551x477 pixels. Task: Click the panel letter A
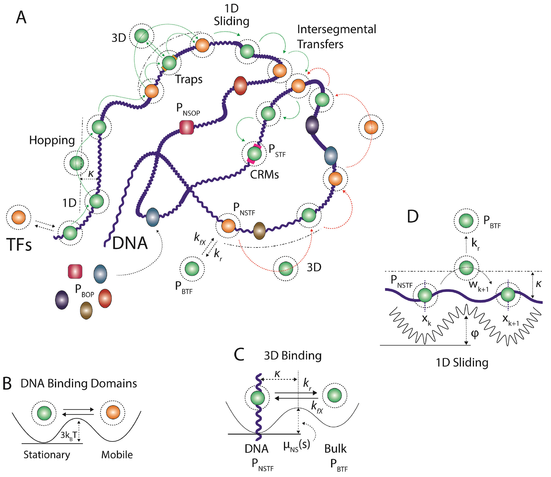point(21,17)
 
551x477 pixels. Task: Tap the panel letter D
point(412,216)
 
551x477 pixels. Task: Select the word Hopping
point(52,140)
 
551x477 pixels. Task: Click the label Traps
point(189,79)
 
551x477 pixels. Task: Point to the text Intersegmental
point(336,30)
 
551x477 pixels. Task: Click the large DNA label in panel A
point(130,243)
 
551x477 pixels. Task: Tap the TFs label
point(19,245)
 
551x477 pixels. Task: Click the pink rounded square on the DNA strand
point(186,127)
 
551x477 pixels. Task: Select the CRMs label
point(264,175)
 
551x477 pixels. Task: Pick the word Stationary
point(47,454)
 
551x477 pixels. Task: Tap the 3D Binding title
point(293,356)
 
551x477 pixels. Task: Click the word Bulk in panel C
point(335,449)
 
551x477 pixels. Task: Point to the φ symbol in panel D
point(474,334)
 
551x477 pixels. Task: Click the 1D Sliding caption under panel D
point(462,362)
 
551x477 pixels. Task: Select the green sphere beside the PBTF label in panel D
point(466,221)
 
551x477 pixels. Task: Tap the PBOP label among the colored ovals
point(84,290)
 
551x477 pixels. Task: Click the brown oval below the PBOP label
point(86,310)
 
